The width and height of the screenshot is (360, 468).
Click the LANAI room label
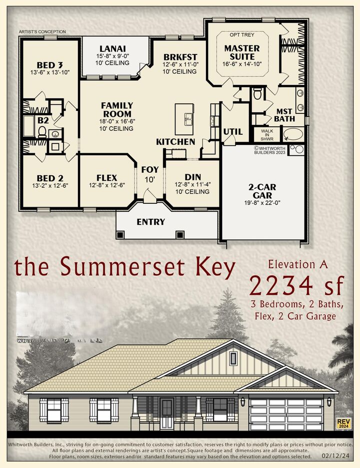[x=108, y=48]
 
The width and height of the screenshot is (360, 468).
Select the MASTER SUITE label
[x=241, y=52]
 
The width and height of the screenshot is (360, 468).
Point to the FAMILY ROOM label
[x=117, y=109]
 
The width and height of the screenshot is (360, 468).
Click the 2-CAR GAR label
[x=262, y=191]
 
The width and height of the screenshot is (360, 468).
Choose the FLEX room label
[x=106, y=178]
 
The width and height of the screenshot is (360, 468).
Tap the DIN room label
[x=193, y=176]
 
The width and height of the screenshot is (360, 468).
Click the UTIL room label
[x=233, y=132]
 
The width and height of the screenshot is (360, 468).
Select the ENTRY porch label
[x=150, y=222]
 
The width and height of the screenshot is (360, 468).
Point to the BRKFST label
[x=179, y=57]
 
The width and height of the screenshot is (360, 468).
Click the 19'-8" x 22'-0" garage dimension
[x=262, y=203]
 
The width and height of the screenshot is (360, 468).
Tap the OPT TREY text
[x=241, y=35]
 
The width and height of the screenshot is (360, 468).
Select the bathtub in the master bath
[x=293, y=134]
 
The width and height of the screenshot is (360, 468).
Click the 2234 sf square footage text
[x=297, y=286]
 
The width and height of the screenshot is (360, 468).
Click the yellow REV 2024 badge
[x=343, y=423]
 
